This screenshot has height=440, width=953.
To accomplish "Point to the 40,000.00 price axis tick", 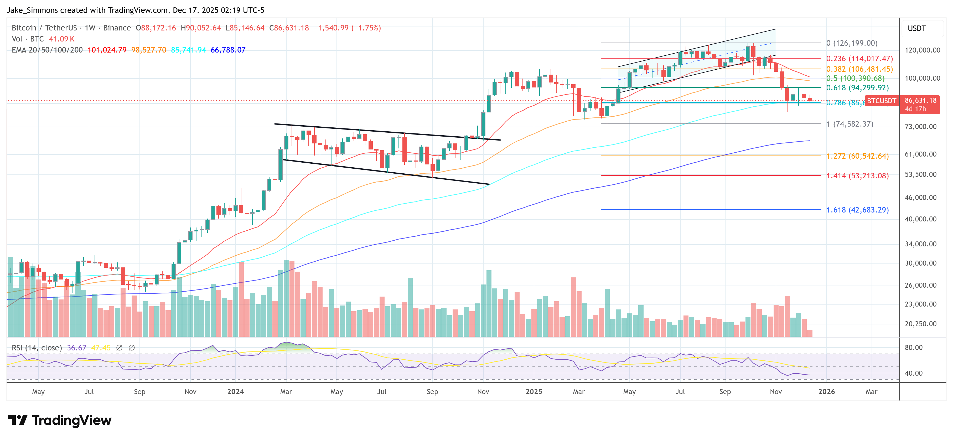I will click(920, 219).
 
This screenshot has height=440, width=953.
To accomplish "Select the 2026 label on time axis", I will click(826, 391).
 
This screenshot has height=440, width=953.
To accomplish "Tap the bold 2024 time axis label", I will click(235, 391).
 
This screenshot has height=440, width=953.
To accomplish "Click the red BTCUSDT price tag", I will click(881, 101).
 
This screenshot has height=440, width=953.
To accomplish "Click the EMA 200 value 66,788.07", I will click(228, 50).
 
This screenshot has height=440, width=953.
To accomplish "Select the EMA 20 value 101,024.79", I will click(107, 50).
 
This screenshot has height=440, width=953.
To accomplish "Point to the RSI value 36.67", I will click(77, 348).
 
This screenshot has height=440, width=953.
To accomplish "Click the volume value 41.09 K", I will click(61, 39).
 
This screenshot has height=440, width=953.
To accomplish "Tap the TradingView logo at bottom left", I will click(59, 420).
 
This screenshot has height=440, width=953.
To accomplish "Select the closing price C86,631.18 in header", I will click(289, 28).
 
